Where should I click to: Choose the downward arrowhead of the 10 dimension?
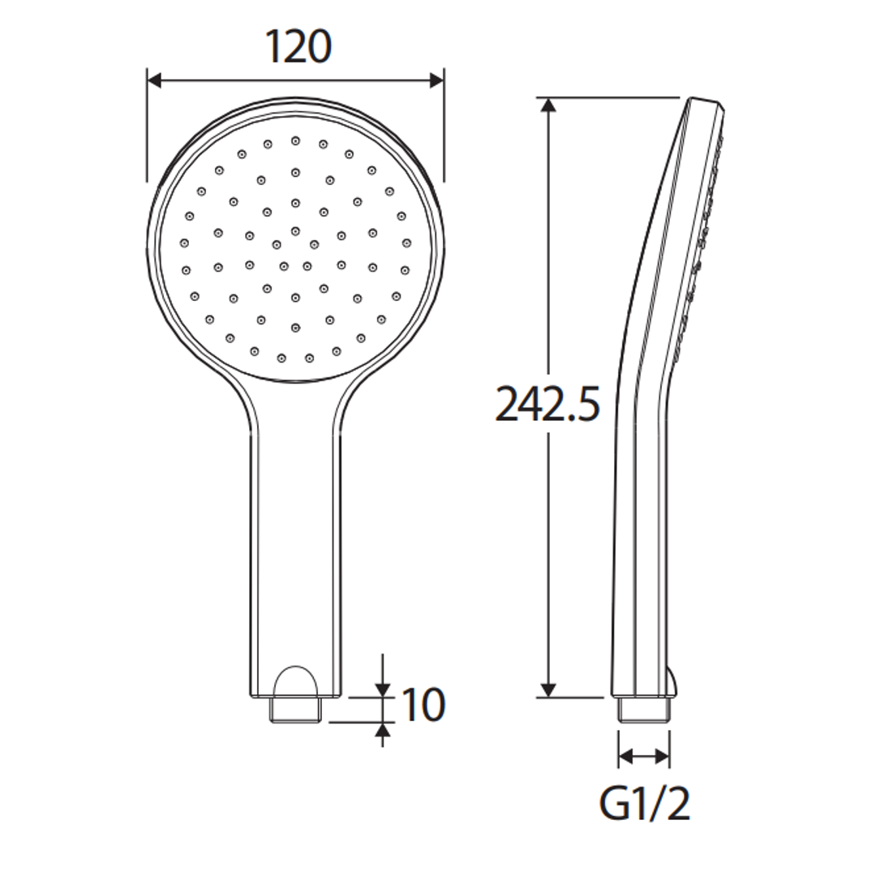pyautogui.click(x=382, y=689)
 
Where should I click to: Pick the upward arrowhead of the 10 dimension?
pyautogui.click(x=382, y=730)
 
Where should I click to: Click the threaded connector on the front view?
pyautogui.click(x=295, y=709)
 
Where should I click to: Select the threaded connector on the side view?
pyautogui.click(x=643, y=709)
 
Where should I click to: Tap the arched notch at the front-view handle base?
pyautogui.click(x=295, y=681)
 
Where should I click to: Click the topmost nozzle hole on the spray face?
pyautogui.click(x=295, y=140)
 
